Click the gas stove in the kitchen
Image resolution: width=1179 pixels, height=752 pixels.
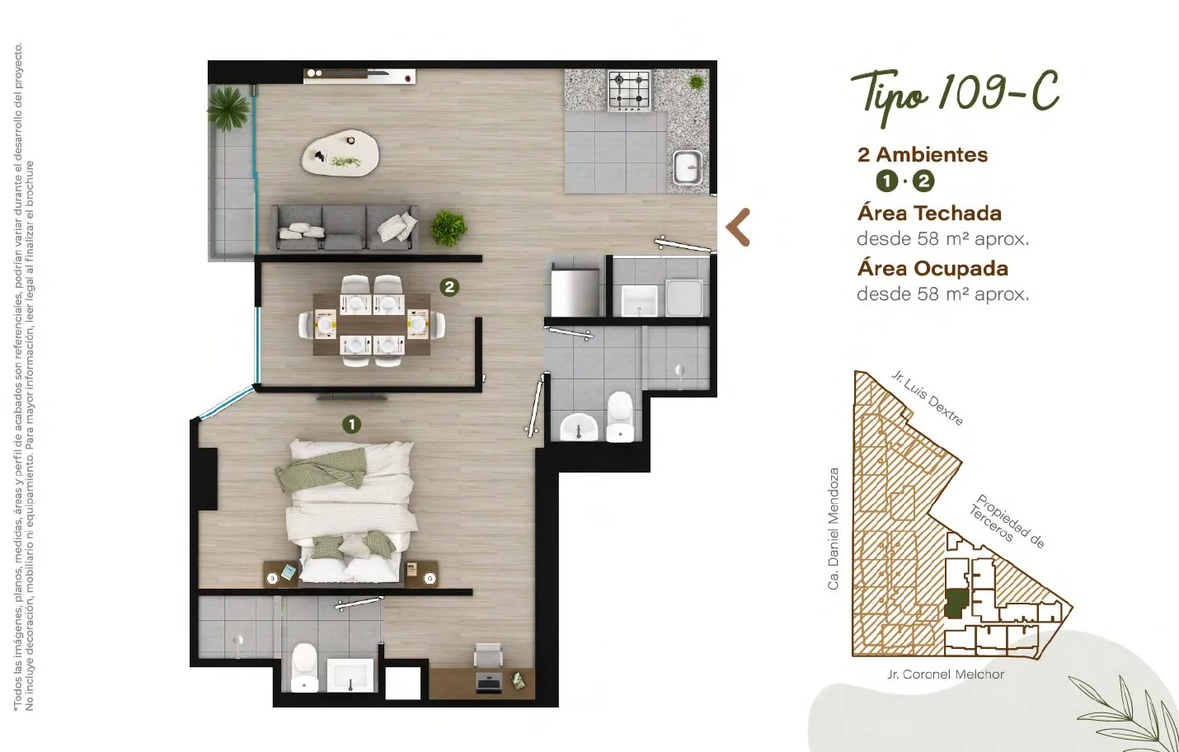pos(630,91)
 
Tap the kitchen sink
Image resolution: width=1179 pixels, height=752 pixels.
pos(688,168)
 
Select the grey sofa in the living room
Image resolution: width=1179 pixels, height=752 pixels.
pos(345,228)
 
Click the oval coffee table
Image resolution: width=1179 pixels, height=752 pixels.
pos(340,153)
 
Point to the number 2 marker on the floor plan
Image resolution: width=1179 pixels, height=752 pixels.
pos(449,287)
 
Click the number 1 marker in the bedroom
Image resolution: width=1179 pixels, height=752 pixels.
pos(351,424)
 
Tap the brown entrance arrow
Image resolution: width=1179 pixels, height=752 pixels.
pos(738,228)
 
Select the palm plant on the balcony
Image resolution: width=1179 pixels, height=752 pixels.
pos(228,109)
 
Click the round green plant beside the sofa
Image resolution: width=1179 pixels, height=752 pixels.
pos(448,228)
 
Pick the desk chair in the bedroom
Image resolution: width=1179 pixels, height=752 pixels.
pos(488,655)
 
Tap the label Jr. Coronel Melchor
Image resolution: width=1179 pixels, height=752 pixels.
pos(946,674)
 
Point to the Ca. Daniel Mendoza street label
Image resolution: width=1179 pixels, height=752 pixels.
pos(834,529)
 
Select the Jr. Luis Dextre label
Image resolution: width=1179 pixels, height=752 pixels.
pos(928,397)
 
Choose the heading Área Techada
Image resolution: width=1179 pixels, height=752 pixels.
pos(929,213)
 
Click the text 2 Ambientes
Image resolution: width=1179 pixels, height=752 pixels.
pos(923,155)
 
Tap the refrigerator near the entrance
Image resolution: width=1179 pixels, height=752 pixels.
pos(575,293)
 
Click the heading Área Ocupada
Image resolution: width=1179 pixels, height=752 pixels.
pos(932,268)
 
